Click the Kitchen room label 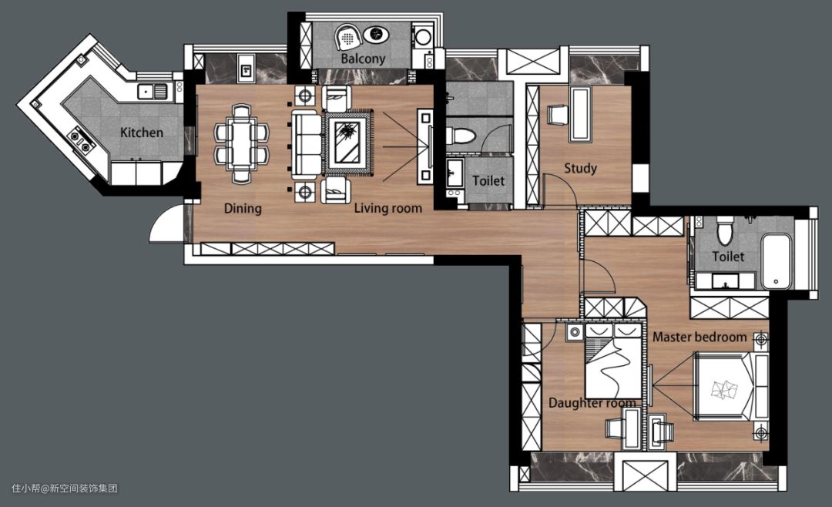tap(142, 133)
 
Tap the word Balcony tap(363, 59)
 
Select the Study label tap(581, 168)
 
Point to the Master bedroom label tap(699, 337)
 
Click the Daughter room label tap(592, 403)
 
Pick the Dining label tap(243, 208)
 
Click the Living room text tap(387, 208)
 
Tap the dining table tap(241, 144)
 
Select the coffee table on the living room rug tap(349, 143)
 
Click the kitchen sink tap(153, 92)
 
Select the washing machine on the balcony tap(422, 37)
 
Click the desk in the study tap(580, 116)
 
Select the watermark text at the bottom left tap(64, 488)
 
